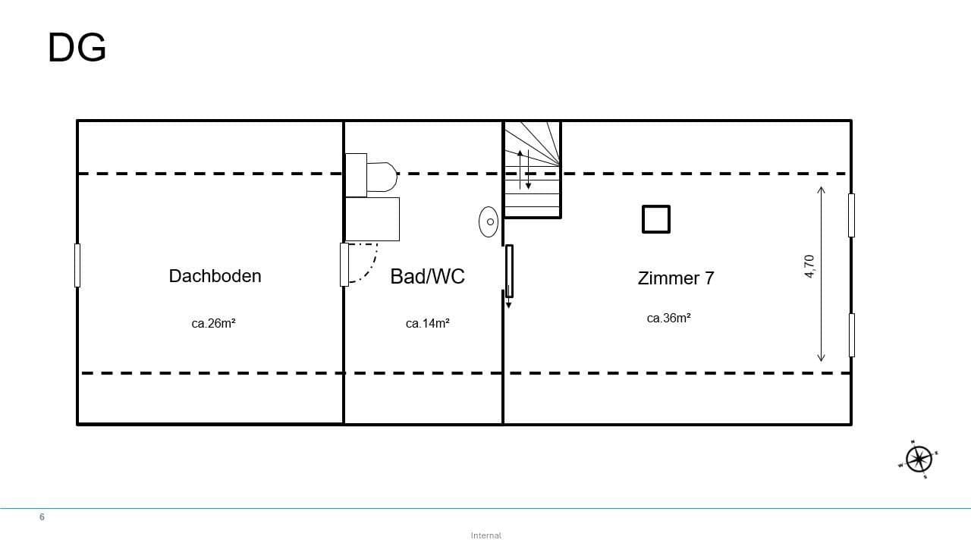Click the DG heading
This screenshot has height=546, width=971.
pyautogui.click(x=77, y=49)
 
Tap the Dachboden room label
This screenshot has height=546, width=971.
pyautogui.click(x=215, y=276)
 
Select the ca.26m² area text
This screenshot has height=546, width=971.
pyautogui.click(x=213, y=323)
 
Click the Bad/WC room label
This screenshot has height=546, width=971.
pyautogui.click(x=427, y=276)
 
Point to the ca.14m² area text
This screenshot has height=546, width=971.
pyautogui.click(x=427, y=323)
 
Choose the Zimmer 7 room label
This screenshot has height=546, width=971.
pyautogui.click(x=675, y=278)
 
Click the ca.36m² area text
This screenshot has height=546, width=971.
pyautogui.click(x=668, y=318)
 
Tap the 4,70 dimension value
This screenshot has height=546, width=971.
pyautogui.click(x=809, y=267)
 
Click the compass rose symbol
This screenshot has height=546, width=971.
pyautogui.click(x=919, y=459)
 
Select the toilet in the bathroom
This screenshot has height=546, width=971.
pyautogui.click(x=372, y=176)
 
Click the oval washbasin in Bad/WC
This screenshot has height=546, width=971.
pyautogui.click(x=489, y=221)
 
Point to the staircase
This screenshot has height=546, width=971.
pyautogui.click(x=532, y=170)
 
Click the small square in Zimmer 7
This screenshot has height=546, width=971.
pyautogui.click(x=656, y=219)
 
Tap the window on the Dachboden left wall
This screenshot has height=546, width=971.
pyautogui.click(x=77, y=265)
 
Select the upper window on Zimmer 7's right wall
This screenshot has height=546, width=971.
pyautogui.click(x=851, y=215)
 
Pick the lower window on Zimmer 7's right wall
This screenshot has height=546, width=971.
pyautogui.click(x=851, y=334)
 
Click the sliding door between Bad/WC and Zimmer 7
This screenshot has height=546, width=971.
pyautogui.click(x=509, y=271)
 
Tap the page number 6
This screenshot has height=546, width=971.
pyautogui.click(x=42, y=517)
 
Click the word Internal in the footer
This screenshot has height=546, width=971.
pyautogui.click(x=485, y=535)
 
